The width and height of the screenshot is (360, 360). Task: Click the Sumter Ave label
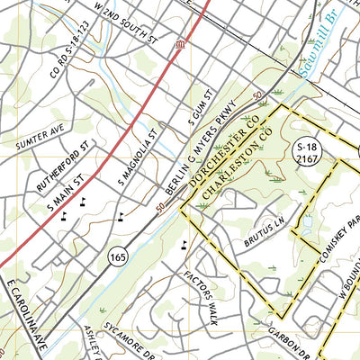point(40,137)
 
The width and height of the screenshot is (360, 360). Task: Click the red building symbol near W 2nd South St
point(181,44)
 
